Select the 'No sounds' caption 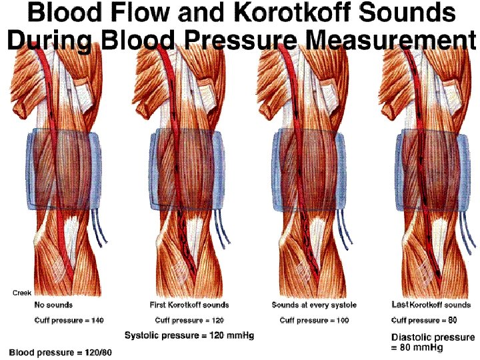tap(53, 305)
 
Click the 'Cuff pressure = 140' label tap(69, 321)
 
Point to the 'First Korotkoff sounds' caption tap(189, 305)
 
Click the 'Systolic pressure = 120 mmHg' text tap(189, 335)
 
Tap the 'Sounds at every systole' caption tap(314, 305)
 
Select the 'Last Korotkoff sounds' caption tap(431, 305)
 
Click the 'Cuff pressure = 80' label tap(423, 321)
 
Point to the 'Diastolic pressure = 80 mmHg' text tap(432, 342)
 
